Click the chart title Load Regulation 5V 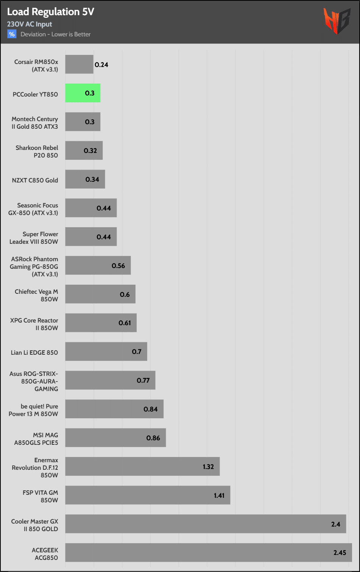[x=51, y=12]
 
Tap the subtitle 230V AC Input [x=30, y=24]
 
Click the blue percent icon [x=12, y=34]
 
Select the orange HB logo [x=337, y=21]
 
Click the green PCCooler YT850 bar [x=83, y=93]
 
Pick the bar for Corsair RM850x [x=79, y=64]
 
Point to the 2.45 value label [x=340, y=553]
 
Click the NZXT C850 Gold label [x=35, y=180]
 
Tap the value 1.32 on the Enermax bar [x=208, y=467]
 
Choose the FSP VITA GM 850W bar [x=148, y=495]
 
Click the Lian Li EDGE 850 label [x=34, y=352]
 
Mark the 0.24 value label [x=101, y=65]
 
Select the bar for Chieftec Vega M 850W [x=100, y=294]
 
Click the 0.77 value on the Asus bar [x=143, y=380]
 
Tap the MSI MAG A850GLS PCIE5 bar [x=115, y=438]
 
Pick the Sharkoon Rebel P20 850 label [x=37, y=151]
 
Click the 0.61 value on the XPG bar [x=125, y=323]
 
